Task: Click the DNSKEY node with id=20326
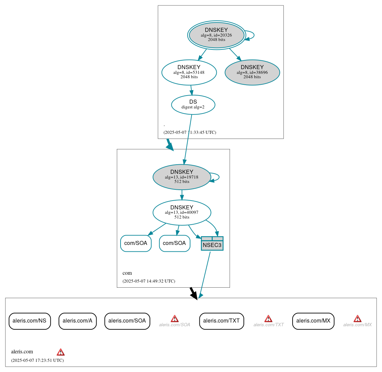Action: (216, 35)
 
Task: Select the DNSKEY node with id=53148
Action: (189, 72)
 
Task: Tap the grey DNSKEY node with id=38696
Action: (252, 72)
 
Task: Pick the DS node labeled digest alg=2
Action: (193, 105)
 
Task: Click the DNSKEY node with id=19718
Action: (182, 177)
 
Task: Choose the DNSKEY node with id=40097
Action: (182, 212)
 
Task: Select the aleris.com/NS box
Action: (29, 321)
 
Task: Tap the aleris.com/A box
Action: (78, 321)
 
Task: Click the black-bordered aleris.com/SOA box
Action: (127, 321)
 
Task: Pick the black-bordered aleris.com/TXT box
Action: (221, 321)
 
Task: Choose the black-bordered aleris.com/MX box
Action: (313, 321)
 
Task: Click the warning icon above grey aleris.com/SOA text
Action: (174, 318)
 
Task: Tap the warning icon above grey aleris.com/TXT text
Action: (268, 318)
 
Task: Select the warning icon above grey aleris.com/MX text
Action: (357, 318)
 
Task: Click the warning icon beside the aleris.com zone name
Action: (61, 352)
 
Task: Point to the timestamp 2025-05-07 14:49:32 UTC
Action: (149, 281)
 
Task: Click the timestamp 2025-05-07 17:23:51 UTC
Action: (37, 360)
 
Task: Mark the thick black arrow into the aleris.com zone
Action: (193, 293)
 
